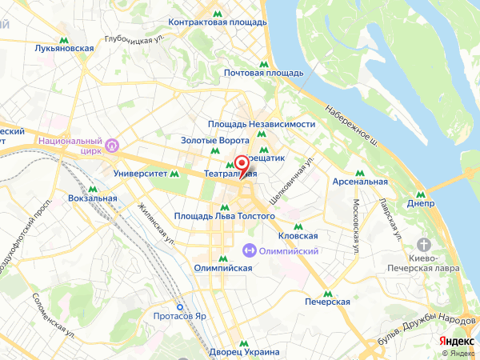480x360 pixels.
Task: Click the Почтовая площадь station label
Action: tap(263, 73)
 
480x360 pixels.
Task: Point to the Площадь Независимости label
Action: tap(261, 124)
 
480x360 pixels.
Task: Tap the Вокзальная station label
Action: tap(93, 197)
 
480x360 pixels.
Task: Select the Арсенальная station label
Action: tap(360, 182)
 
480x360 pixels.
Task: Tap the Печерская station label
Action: tap(328, 302)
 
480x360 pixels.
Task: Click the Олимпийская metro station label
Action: tap(223, 269)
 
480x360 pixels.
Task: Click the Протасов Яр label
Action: tap(180, 315)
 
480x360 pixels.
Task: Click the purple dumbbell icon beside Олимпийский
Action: tap(249, 250)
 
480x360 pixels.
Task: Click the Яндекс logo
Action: tap(456, 341)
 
